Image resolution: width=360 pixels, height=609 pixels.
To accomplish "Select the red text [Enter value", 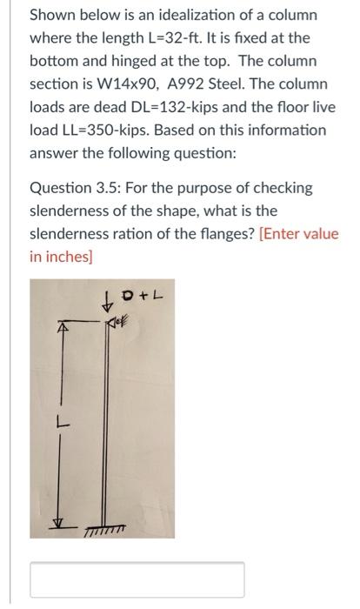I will tap(298, 234).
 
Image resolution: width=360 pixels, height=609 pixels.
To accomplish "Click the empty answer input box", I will tap(137, 579).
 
